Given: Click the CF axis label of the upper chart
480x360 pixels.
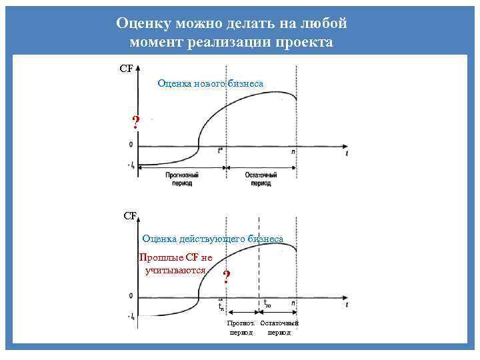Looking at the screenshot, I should pyautogui.click(x=125, y=68).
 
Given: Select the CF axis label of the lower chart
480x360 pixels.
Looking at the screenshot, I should pyautogui.click(x=130, y=215).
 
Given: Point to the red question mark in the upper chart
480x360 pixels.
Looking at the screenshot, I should pyautogui.click(x=136, y=122).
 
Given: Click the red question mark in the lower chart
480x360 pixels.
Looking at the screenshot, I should pyautogui.click(x=227, y=277).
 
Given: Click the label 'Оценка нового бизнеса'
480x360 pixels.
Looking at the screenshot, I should pyautogui.click(x=210, y=83).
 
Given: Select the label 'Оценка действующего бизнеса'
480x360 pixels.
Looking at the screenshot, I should pyautogui.click(x=213, y=238).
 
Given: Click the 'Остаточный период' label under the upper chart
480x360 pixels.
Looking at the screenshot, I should pyautogui.click(x=261, y=178).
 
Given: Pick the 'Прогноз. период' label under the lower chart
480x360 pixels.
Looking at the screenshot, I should pyautogui.click(x=241, y=327).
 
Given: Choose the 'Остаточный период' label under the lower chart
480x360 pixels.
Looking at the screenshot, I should pyautogui.click(x=279, y=327).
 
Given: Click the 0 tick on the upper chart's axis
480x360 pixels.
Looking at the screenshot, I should pyautogui.click(x=131, y=145).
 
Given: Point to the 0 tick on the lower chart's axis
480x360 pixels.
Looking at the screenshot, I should pyautogui.click(x=131, y=296).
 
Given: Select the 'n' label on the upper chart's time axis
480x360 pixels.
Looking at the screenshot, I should pyautogui.click(x=293, y=151).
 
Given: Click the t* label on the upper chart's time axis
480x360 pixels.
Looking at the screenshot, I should pyautogui.click(x=221, y=151).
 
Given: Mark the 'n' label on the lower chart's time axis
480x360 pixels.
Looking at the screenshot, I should pyautogui.click(x=293, y=303).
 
